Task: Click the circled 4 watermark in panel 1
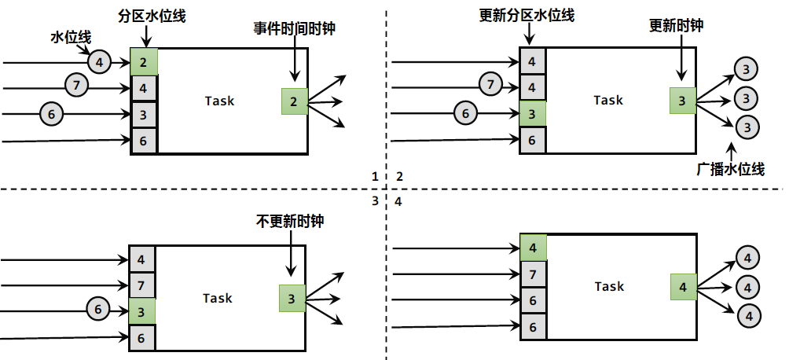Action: tap(98, 61)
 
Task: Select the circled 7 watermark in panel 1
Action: tap(75, 86)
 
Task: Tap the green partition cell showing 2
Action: tap(144, 61)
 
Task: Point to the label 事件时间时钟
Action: tap(294, 27)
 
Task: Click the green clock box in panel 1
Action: tap(293, 101)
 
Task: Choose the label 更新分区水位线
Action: tap(526, 16)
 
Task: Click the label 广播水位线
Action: tap(731, 168)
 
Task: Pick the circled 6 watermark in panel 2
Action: tap(465, 113)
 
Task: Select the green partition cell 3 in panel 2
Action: tap(532, 114)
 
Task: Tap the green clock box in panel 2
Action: tap(682, 101)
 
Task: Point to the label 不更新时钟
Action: tap(290, 222)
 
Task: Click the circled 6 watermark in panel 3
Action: tap(97, 309)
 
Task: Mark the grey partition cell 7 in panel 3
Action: tap(141, 285)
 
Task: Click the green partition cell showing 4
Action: tap(533, 248)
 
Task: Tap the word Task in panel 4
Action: tap(609, 286)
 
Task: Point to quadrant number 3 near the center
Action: tap(375, 201)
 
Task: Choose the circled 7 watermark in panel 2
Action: tap(490, 83)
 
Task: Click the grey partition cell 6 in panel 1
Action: tap(144, 141)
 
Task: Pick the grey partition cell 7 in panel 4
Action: tap(533, 274)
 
